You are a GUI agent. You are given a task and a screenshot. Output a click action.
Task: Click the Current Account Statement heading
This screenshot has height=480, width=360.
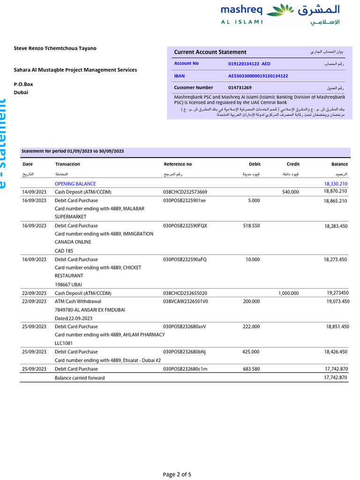click(210, 52)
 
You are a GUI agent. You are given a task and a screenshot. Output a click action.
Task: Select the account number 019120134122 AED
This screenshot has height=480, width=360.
click(249, 64)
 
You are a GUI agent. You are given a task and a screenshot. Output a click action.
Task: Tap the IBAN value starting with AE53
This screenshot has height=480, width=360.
click(258, 75)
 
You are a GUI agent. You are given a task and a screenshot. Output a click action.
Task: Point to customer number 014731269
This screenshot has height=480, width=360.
click(240, 88)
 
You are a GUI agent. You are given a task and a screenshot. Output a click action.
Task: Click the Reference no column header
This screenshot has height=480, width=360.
click(178, 165)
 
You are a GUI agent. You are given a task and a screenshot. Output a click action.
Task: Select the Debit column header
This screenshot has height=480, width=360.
click(255, 165)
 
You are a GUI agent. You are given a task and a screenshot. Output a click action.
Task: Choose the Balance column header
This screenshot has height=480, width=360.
click(339, 165)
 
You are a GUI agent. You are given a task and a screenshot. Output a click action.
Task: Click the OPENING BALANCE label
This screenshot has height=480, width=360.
click(75, 184)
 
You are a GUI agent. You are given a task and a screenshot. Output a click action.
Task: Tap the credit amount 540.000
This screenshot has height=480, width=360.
click(290, 192)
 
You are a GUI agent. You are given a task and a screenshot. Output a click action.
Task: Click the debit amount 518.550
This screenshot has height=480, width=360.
click(251, 225)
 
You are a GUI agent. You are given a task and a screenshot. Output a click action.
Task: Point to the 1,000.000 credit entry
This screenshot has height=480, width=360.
click(288, 293)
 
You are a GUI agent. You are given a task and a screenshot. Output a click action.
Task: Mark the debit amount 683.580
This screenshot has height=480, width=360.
click(251, 369)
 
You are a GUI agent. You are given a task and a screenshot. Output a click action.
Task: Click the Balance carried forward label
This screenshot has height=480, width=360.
click(80, 378)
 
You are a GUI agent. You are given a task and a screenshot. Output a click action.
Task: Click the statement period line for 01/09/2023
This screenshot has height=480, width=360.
click(73, 151)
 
